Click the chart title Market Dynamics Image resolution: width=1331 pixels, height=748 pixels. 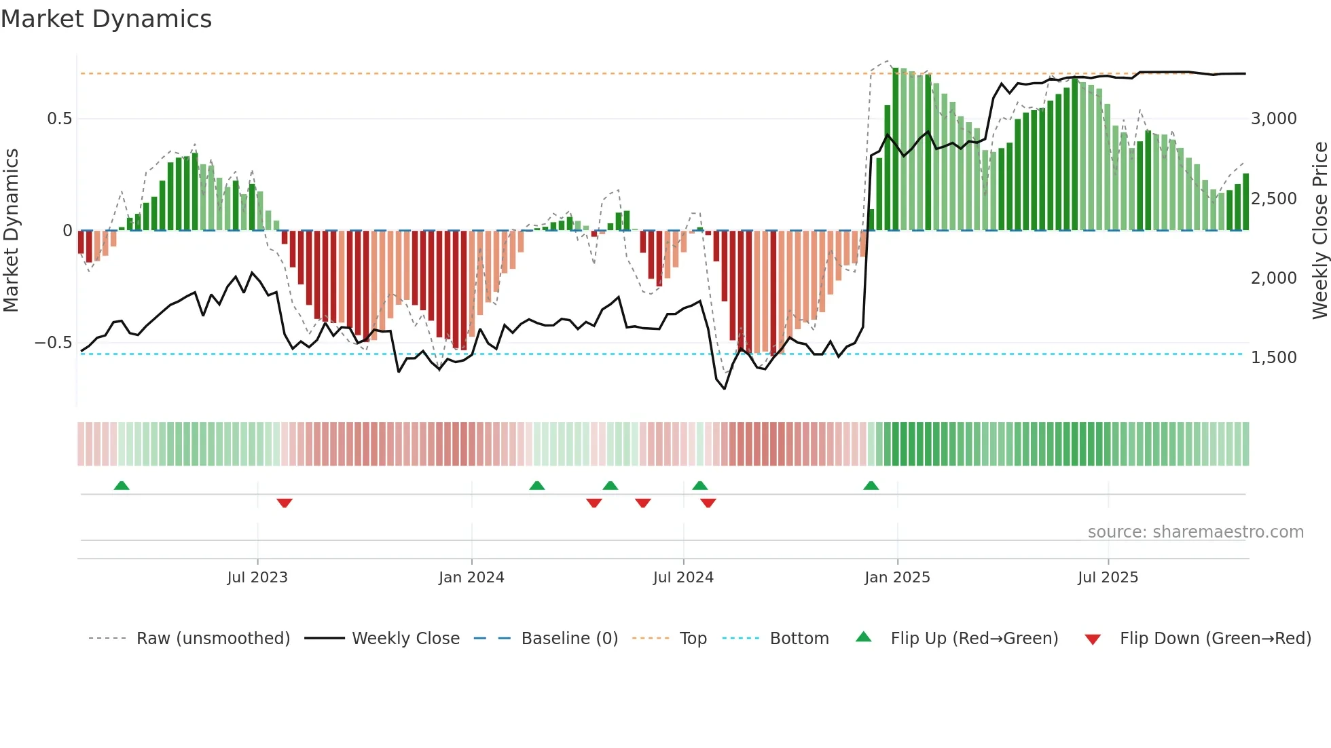point(106,19)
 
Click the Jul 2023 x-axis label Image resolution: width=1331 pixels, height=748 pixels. point(257,578)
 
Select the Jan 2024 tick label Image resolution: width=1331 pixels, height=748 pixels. point(471,578)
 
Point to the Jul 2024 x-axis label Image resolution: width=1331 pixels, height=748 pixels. point(683,578)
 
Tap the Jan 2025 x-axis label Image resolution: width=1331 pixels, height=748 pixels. point(897,578)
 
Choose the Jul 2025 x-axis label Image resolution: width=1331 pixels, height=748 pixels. point(1108,578)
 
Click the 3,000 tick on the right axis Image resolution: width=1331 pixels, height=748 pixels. point(1273,119)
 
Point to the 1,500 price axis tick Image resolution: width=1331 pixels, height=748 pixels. point(1273,358)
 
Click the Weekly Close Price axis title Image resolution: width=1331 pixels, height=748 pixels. point(1319,230)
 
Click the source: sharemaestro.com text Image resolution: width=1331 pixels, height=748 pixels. point(1195,532)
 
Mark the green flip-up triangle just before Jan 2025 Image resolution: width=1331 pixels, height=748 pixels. point(871,485)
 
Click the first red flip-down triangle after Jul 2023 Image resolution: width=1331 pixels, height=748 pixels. point(285,503)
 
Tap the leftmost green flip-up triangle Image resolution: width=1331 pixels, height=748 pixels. point(122,485)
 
